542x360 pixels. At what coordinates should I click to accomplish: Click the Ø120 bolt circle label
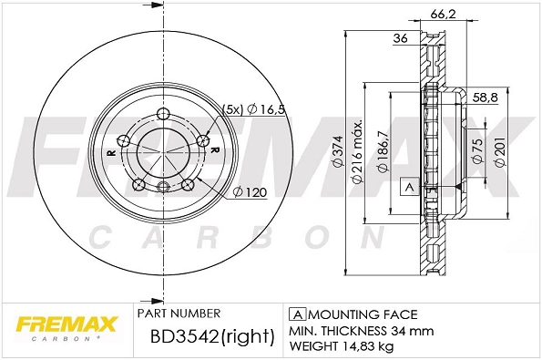click(249, 191)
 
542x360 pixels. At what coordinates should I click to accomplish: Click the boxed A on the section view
click(408, 186)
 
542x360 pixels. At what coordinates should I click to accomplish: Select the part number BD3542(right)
click(211, 337)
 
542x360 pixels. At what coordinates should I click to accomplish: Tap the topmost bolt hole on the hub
click(163, 114)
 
